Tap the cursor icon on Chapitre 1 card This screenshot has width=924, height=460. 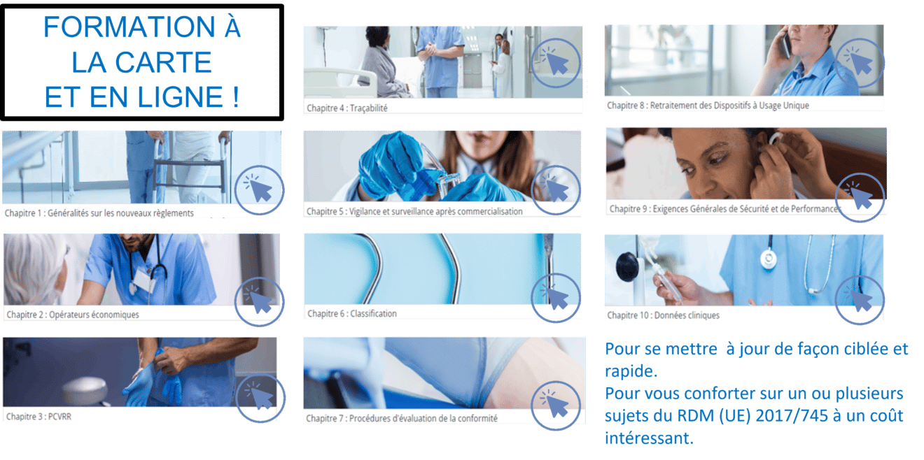[x=259, y=189]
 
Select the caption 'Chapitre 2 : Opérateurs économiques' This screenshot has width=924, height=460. [x=73, y=315]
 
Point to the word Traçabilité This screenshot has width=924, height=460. [x=368, y=108]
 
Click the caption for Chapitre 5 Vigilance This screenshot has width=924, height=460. [x=414, y=211]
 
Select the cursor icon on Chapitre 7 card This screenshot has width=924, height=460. [x=556, y=403]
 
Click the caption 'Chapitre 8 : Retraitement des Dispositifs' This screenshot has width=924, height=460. [x=708, y=106]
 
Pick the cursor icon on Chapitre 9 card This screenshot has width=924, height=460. [x=860, y=199]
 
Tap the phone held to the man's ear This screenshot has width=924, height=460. [x=786, y=45]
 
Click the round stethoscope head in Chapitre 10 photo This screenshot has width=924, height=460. [x=769, y=259]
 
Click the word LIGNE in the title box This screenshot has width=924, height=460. [x=175, y=97]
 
